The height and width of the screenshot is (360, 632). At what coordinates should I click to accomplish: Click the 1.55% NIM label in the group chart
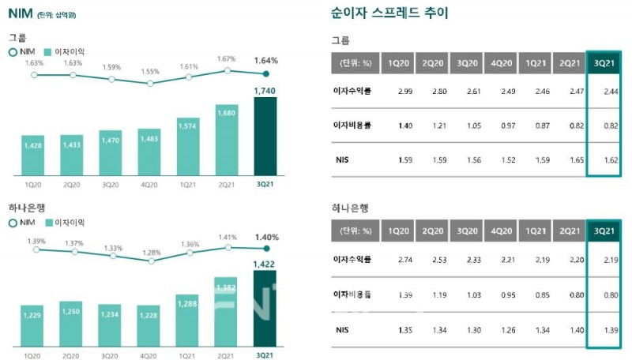(x=150, y=71)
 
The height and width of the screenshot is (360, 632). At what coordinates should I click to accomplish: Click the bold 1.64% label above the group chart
(x=266, y=60)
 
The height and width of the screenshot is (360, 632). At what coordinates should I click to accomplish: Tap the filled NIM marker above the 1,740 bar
(x=266, y=74)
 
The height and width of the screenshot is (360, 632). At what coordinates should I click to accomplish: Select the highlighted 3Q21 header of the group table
(x=603, y=63)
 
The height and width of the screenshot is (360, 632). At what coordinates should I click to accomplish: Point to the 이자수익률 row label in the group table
(x=353, y=92)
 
